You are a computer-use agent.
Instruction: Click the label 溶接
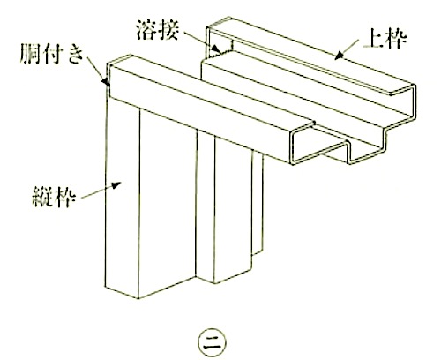157,29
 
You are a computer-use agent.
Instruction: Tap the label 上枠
385,40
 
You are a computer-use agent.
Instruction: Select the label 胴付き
51,54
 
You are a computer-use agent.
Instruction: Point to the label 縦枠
54,197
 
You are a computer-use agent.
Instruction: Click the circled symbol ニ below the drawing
213,343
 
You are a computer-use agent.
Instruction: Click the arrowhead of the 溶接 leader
216,49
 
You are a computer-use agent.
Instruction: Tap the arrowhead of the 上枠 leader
340,56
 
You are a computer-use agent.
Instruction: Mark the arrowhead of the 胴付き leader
106,81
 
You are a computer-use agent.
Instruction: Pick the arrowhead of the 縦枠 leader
116,185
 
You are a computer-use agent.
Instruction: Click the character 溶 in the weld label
146,29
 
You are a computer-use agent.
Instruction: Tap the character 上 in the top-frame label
374,40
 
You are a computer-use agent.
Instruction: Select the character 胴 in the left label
30,54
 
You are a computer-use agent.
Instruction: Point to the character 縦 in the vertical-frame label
42,197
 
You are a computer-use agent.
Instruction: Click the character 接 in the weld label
168,29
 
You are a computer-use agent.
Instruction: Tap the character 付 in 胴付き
52,54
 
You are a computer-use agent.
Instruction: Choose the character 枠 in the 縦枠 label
65,197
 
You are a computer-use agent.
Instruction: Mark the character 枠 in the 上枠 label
396,40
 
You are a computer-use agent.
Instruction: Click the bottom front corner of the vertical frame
138,298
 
